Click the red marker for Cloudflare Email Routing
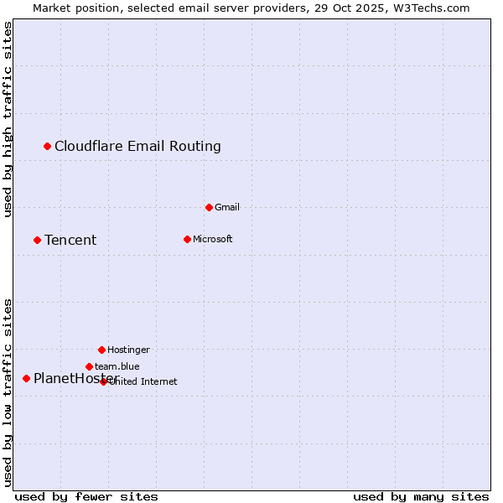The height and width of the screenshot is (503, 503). (x=48, y=146)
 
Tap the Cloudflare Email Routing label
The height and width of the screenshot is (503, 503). (x=137, y=146)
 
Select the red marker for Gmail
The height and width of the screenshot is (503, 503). (x=209, y=207)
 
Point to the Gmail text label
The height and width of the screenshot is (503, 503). (x=227, y=207)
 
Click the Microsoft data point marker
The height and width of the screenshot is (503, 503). (x=187, y=239)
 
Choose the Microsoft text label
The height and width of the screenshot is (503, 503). (x=212, y=239)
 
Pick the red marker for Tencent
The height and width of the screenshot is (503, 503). (x=37, y=240)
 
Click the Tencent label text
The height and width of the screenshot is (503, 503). (x=70, y=241)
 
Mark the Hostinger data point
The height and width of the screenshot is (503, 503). (x=101, y=350)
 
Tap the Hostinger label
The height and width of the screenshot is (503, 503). (x=128, y=350)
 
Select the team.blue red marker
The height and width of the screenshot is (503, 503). (x=89, y=366)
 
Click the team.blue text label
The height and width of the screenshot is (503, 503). (x=117, y=366)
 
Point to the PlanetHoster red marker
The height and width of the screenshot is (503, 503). (x=26, y=378)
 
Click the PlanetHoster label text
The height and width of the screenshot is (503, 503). (x=74, y=378)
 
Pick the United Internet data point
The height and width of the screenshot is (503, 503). (x=103, y=381)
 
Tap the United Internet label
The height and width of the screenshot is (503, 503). (x=143, y=381)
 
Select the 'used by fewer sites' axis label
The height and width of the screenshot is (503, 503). (x=86, y=496)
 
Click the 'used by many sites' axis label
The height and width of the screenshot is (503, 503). (x=421, y=496)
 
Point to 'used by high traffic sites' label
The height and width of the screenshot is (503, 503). (x=8, y=120)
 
